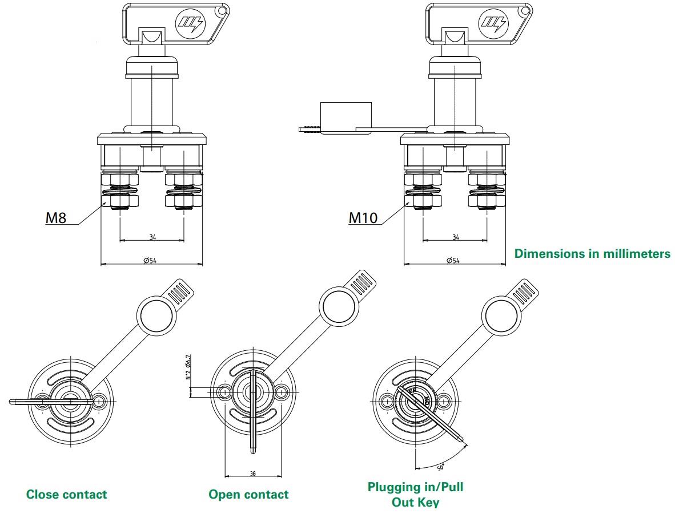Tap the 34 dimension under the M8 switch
click(152, 237)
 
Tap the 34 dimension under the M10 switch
click(455, 237)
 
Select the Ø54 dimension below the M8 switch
click(151, 260)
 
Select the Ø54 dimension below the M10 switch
click(455, 260)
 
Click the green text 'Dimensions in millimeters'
click(593, 254)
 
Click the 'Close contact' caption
click(66, 494)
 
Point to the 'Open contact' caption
click(248, 494)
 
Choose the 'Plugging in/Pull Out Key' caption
click(415, 494)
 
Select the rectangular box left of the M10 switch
click(345, 118)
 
